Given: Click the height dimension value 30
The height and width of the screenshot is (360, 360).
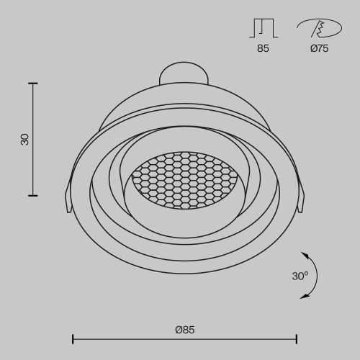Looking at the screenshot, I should click(x=25, y=139).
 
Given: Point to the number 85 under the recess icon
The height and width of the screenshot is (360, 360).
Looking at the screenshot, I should click(x=264, y=50).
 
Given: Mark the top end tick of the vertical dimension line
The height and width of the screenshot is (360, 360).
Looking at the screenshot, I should click(x=32, y=84).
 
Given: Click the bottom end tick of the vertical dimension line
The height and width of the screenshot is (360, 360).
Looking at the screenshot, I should click(x=32, y=195).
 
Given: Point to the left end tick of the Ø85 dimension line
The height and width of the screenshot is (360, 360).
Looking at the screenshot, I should click(x=73, y=338).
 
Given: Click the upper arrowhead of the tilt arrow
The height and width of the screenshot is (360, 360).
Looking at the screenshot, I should click(x=304, y=255).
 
